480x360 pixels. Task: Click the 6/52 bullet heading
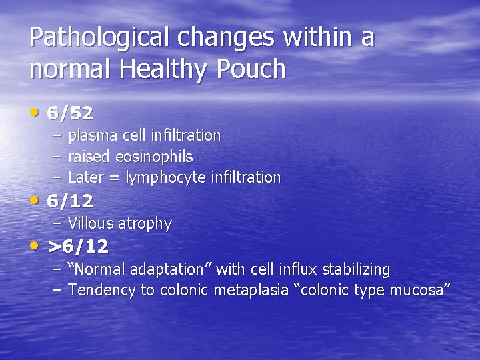(x=70, y=113)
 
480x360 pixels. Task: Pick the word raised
(x=90, y=157)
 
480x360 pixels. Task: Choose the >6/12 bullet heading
(x=78, y=247)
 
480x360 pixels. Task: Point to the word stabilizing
(x=356, y=269)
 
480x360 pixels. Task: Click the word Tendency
(x=99, y=290)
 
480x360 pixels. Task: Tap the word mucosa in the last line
(x=419, y=290)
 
